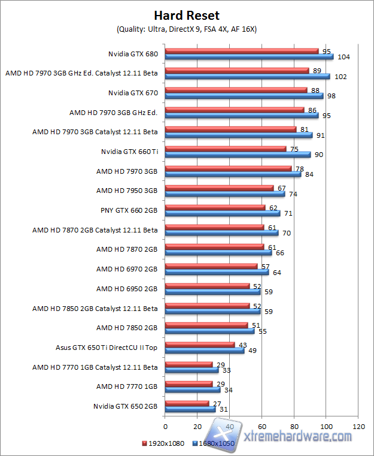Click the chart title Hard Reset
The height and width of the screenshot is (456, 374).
(187, 15)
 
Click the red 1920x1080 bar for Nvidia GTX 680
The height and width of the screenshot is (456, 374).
(242, 51)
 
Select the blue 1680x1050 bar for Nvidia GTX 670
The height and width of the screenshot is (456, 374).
(244, 96)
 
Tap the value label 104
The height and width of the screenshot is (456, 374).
(343, 58)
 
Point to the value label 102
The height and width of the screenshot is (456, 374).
(340, 77)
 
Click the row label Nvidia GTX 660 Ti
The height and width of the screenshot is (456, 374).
(129, 152)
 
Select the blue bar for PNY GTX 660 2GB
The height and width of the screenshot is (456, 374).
(223, 213)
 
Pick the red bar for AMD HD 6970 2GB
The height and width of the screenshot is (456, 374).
(211, 266)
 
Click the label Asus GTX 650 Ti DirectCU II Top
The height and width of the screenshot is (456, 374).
(107, 347)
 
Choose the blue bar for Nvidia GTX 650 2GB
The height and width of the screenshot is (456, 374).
(190, 409)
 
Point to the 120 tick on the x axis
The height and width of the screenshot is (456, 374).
(358, 427)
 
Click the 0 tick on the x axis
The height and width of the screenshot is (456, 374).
(165, 427)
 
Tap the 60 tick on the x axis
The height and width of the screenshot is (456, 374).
(262, 427)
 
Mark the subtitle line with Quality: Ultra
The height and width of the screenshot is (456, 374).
(187, 29)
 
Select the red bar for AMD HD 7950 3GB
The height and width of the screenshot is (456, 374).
(219, 188)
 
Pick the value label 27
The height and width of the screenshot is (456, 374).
(217, 403)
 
